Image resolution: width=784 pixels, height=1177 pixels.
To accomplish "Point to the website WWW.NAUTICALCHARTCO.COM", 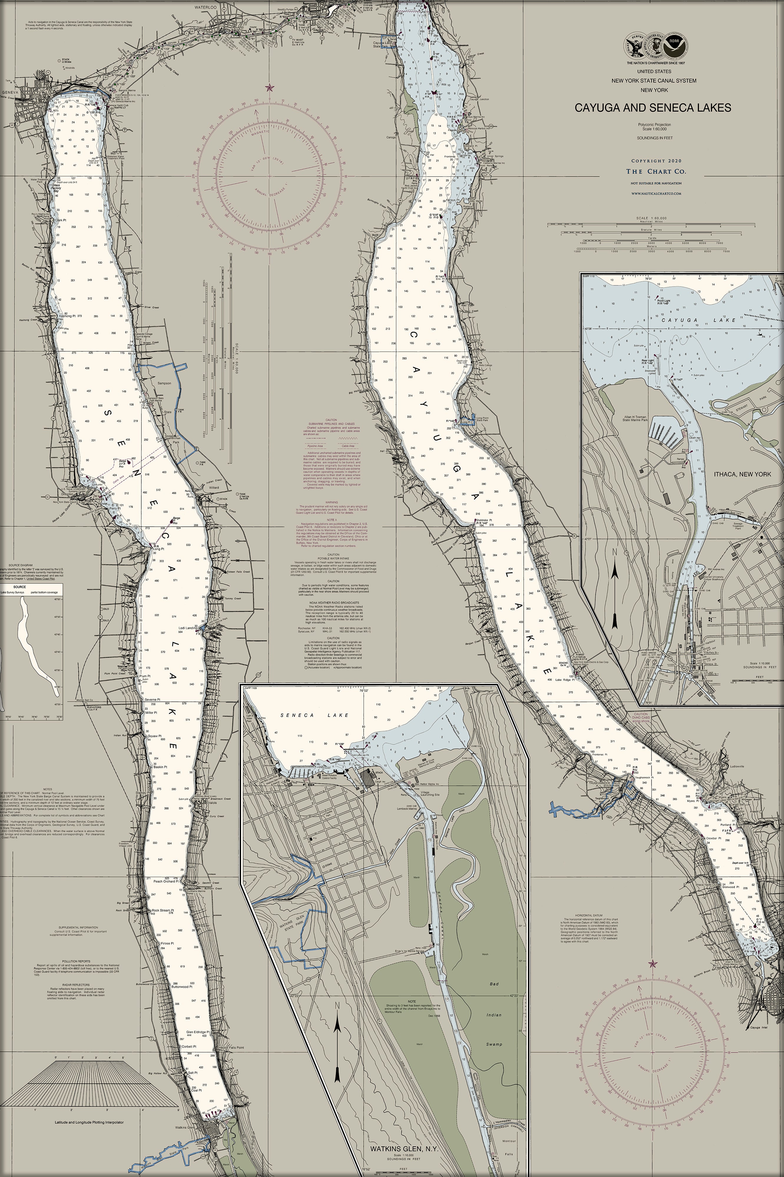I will (x=656, y=193).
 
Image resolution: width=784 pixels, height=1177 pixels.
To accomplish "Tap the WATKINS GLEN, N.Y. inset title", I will (x=404, y=1145).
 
